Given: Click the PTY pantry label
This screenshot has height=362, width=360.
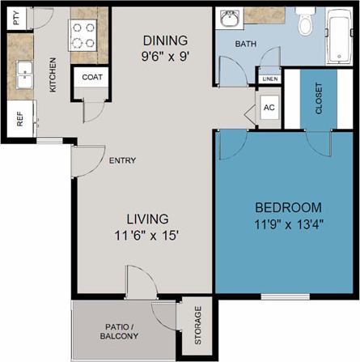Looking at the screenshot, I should click(x=16, y=18).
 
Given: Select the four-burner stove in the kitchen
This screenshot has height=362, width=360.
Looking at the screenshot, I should click(x=83, y=36).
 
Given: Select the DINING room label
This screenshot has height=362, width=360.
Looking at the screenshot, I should click(x=165, y=40).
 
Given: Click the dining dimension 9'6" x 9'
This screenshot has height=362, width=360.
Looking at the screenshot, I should click(x=165, y=57).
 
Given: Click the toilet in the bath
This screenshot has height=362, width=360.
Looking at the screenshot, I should click(x=305, y=24).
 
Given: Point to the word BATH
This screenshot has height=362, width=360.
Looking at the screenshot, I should click(x=246, y=45).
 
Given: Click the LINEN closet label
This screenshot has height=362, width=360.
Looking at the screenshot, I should click(x=269, y=78).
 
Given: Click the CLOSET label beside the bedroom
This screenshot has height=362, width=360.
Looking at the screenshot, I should click(x=318, y=98).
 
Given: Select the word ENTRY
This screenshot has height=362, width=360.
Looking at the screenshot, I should click(x=122, y=160).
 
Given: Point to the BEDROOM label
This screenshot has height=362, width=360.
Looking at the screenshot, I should click(x=288, y=207).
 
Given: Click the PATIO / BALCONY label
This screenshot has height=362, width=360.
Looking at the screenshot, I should click(x=111, y=330).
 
